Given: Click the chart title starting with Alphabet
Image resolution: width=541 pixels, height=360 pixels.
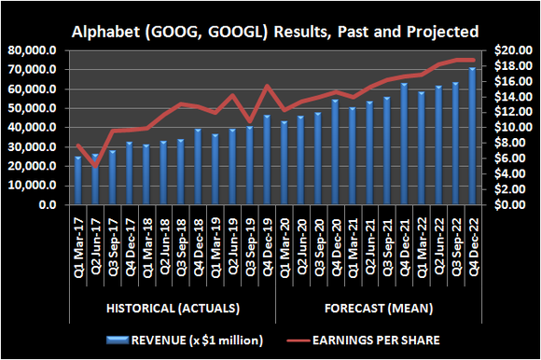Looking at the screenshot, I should tap(270, 31).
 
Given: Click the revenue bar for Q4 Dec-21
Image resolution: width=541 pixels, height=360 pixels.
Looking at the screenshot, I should tap(404, 145).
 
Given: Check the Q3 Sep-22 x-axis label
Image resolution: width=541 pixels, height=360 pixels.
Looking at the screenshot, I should tap(456, 239).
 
